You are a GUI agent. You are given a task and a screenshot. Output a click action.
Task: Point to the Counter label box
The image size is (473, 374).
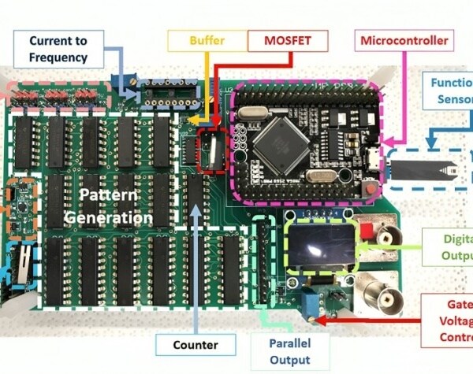(196, 344)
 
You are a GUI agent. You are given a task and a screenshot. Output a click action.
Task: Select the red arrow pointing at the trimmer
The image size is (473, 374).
(371, 320)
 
